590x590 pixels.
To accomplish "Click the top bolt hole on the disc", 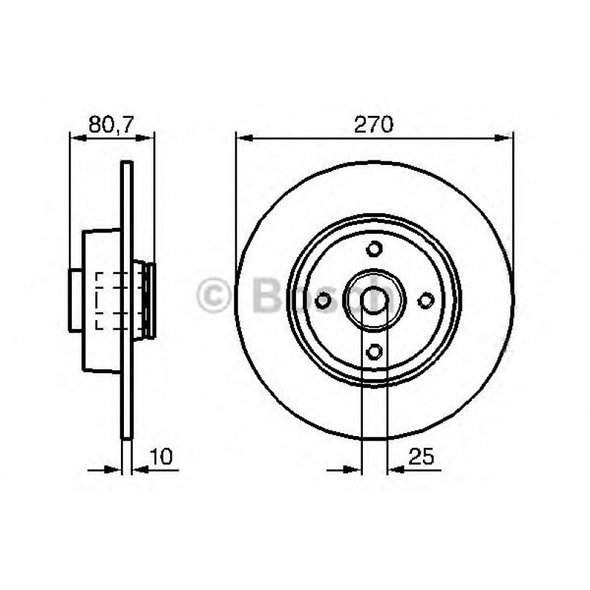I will click(x=375, y=248).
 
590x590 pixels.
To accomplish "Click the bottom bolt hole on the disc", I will click(x=375, y=352).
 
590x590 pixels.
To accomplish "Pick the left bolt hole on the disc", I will click(x=322, y=300).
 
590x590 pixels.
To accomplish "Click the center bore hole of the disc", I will click(x=375, y=300).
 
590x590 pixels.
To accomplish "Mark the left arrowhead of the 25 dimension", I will click(x=355, y=468).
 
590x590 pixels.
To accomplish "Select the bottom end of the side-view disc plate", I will click(x=128, y=437).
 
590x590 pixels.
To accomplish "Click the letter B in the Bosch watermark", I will click(x=263, y=296).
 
